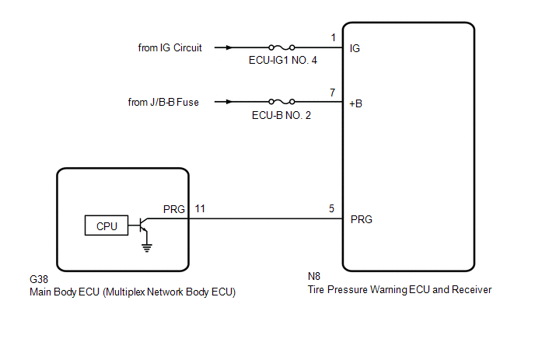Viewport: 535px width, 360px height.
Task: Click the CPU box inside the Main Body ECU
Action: (107, 226)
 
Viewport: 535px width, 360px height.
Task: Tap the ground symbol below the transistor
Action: (145, 247)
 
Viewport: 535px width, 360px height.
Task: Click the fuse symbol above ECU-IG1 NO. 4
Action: (281, 47)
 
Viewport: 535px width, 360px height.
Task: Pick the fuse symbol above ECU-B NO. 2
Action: (281, 101)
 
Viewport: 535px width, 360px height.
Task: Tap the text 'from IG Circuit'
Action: (170, 47)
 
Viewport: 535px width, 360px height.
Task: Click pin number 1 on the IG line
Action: (333, 37)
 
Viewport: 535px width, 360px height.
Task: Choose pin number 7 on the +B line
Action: (333, 92)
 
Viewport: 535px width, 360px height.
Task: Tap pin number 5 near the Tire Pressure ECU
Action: (332, 208)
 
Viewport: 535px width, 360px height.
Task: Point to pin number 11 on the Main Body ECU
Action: (200, 209)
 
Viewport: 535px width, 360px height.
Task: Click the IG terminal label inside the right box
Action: (355, 48)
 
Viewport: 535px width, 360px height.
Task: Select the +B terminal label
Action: (357, 103)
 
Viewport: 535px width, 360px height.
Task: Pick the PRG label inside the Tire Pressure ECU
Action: (362, 219)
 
